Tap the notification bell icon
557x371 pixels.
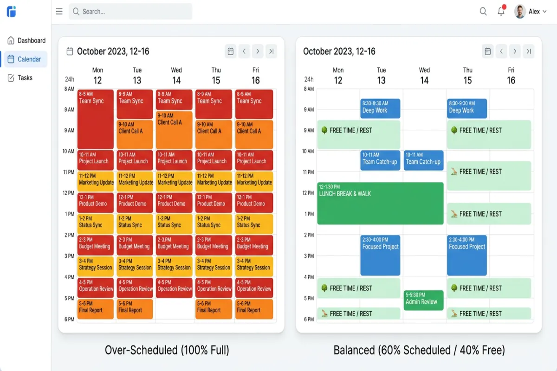[x=501, y=12]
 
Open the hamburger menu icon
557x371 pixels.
[x=59, y=12]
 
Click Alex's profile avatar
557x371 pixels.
[x=520, y=12]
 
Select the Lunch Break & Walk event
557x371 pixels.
[x=380, y=203]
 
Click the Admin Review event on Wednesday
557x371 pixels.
[x=423, y=300]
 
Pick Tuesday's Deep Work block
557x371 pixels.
[x=380, y=108]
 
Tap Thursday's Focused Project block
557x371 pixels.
[x=466, y=255]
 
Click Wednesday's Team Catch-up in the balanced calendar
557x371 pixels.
[x=423, y=160]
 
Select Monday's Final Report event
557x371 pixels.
[x=95, y=309]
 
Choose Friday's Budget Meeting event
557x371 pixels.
[x=254, y=245]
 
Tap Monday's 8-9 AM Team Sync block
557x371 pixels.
[x=95, y=118]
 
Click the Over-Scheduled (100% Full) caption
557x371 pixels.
[x=167, y=350]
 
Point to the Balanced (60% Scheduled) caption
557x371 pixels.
[x=419, y=350]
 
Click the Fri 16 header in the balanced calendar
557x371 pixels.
[x=511, y=76]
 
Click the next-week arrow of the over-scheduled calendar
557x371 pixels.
[x=258, y=51]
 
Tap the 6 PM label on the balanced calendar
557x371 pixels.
[x=309, y=319]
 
